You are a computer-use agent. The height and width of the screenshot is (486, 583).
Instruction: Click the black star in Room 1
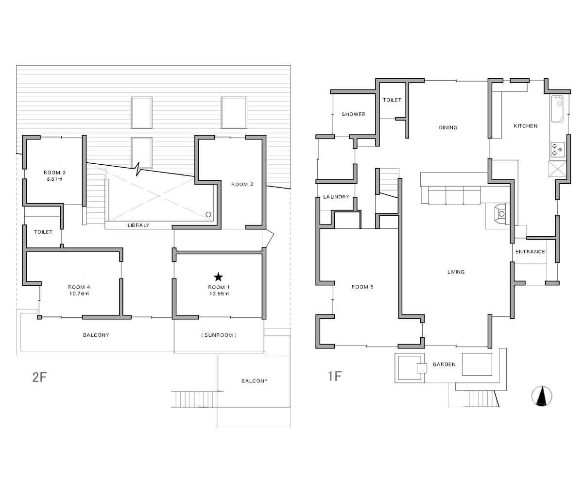[218, 277]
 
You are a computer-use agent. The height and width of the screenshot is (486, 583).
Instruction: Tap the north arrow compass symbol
[542, 396]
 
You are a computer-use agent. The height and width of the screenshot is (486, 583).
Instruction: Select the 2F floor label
[39, 377]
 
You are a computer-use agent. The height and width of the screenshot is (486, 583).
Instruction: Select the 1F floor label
[335, 376]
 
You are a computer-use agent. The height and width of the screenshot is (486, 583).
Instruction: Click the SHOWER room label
[354, 114]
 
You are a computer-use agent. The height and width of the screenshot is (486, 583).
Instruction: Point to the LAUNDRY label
[336, 197]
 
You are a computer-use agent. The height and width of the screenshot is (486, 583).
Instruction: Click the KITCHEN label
[526, 126]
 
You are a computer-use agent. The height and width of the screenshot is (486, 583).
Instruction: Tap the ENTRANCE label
[530, 252]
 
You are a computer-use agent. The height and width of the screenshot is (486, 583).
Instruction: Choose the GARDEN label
[444, 364]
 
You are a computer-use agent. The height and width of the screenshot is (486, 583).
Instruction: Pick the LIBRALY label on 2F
[138, 225]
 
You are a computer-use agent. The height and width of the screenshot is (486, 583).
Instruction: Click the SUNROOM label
[219, 335]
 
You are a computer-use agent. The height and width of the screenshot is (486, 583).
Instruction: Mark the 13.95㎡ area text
[219, 294]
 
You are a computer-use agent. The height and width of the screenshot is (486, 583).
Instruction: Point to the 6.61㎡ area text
[54, 179]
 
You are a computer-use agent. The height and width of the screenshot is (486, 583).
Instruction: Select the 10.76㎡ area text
[79, 294]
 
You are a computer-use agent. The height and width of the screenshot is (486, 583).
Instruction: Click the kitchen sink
[557, 109]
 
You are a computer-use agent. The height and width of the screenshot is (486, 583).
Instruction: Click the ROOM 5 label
[362, 287]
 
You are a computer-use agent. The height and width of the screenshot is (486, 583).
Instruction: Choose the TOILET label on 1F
[392, 100]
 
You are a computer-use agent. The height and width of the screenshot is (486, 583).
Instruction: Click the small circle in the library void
[208, 214]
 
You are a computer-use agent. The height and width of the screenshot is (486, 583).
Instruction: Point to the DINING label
[448, 128]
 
